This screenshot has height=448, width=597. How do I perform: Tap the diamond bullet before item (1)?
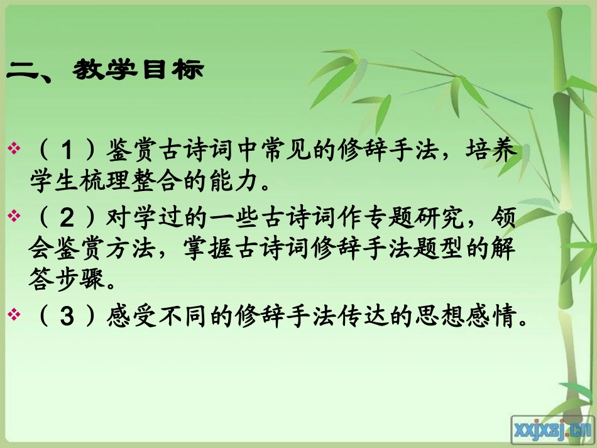(14, 148)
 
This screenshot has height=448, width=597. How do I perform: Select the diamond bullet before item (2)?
(14, 216)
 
